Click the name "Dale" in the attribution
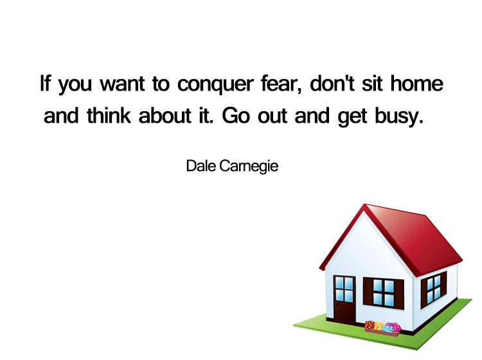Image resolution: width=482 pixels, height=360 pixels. pyautogui.click(x=200, y=166)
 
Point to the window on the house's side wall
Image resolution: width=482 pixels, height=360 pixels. pyautogui.click(x=435, y=287)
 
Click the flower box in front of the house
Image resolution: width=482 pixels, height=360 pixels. pyautogui.click(x=382, y=328)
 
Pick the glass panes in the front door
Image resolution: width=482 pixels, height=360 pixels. pyautogui.click(x=344, y=289)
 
